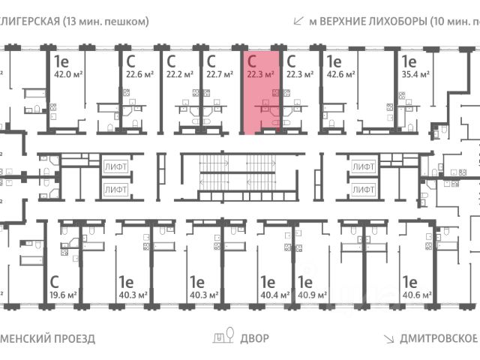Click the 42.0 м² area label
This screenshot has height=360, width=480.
click(x=64, y=74)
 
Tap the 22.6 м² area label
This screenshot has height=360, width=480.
click(x=140, y=74)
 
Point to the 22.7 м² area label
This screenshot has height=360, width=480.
click(x=220, y=74)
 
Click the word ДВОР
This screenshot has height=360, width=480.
click(x=255, y=338)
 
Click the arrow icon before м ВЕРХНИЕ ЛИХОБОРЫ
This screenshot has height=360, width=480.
click(x=299, y=20)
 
